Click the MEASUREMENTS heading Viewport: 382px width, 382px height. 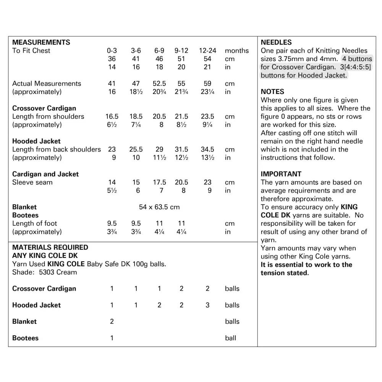[x=41, y=42]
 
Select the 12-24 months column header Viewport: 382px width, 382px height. [x=207, y=51]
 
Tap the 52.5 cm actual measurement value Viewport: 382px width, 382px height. [x=159, y=84]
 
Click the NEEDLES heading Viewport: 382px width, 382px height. [x=276, y=42]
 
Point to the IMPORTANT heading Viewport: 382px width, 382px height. [x=281, y=174]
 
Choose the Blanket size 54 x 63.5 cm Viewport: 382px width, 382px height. [x=159, y=207]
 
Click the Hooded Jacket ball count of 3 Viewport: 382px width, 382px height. [x=207, y=305]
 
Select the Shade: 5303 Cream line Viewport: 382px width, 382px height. [x=44, y=272]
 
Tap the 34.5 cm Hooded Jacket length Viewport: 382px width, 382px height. [x=207, y=149]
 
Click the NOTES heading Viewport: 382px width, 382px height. [x=272, y=92]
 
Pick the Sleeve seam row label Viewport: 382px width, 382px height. [x=32, y=182]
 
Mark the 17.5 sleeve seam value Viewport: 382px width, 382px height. [x=159, y=182]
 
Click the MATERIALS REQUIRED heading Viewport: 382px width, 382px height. [x=50, y=248]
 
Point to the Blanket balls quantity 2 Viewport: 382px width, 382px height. [x=112, y=322]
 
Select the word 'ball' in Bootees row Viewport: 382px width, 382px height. [x=231, y=338]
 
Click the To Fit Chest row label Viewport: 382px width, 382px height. [x=31, y=51]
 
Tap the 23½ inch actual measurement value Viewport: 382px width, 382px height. [x=207, y=92]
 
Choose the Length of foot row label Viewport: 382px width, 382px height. [x=34, y=223]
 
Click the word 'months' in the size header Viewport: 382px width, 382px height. [x=236, y=51]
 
